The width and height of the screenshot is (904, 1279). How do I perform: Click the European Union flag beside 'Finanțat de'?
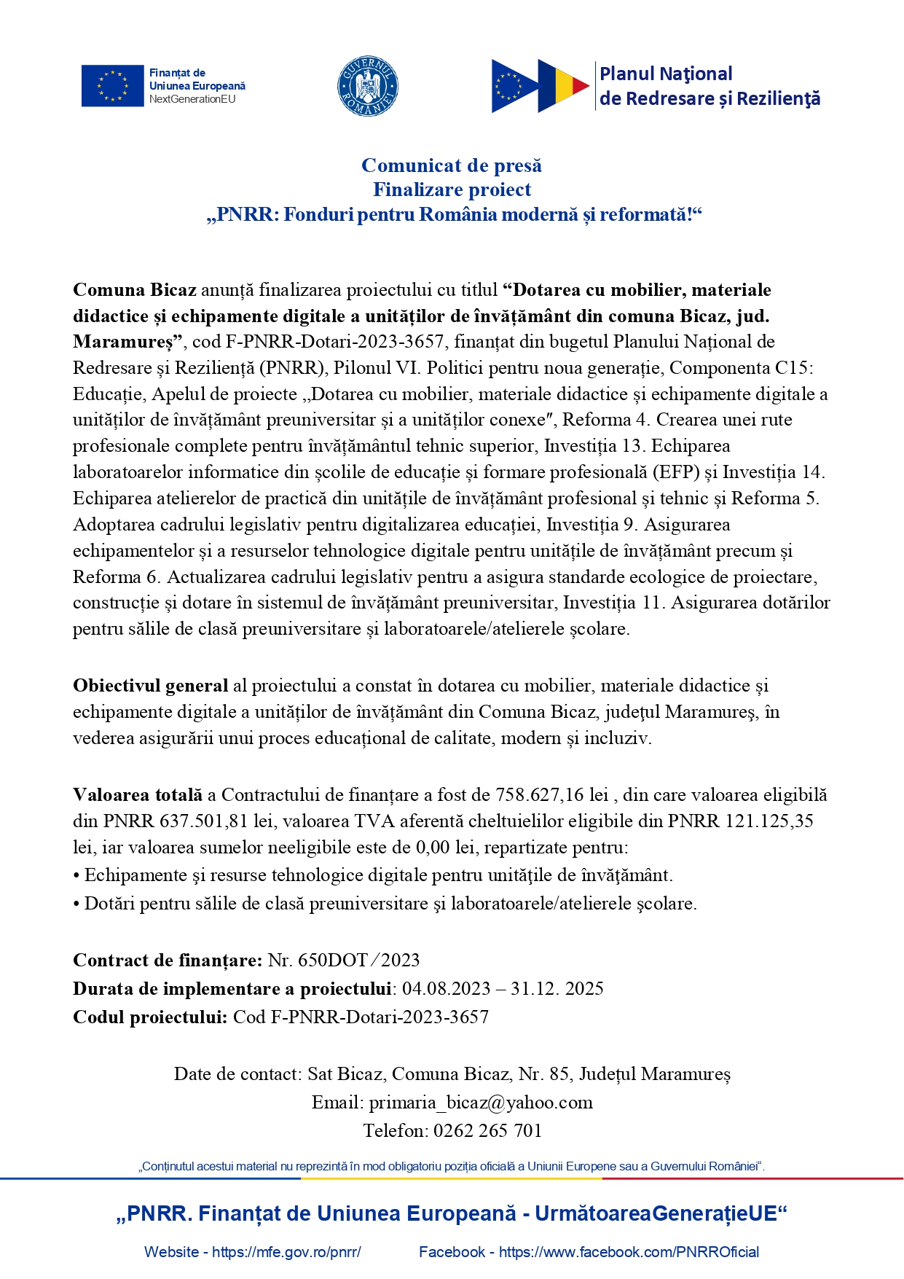pyautogui.click(x=112, y=86)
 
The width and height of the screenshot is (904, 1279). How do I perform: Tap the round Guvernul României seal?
pyautogui.click(x=368, y=86)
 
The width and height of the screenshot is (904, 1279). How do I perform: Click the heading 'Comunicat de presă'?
pyautogui.click(x=452, y=166)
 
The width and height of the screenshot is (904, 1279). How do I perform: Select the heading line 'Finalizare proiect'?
pyautogui.click(x=452, y=190)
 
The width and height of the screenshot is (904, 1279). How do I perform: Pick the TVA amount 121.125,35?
pyautogui.click(x=769, y=821)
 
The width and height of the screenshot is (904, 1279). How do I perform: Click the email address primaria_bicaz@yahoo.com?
pyautogui.click(x=481, y=1103)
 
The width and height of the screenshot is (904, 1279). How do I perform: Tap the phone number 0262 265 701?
pyautogui.click(x=488, y=1131)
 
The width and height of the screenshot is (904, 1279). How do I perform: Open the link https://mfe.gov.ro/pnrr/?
pyautogui.click(x=286, y=1252)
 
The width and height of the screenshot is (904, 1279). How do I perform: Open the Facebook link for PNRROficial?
pyautogui.click(x=629, y=1252)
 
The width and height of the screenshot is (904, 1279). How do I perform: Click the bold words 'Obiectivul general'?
pyautogui.click(x=151, y=686)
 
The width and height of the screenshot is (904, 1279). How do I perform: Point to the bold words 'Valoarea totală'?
pyautogui.click(x=138, y=795)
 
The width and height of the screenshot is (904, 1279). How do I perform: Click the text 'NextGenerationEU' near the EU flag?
pyautogui.click(x=192, y=99)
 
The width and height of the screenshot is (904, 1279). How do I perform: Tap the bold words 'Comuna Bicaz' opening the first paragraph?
pyautogui.click(x=135, y=290)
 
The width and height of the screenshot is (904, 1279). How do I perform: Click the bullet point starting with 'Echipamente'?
pyautogui.click(x=379, y=875)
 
